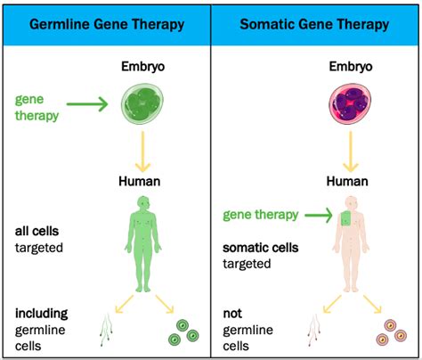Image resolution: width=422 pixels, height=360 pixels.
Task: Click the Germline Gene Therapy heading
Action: click(x=107, y=25)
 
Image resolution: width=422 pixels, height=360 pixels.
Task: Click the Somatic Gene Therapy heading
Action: click(x=314, y=25)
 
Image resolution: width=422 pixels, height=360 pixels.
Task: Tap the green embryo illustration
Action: click(x=142, y=103)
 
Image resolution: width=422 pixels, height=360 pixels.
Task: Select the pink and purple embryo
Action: click(x=350, y=103)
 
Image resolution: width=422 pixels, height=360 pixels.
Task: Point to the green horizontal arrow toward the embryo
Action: click(x=87, y=104)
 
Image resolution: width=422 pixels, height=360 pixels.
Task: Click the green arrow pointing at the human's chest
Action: click(x=319, y=215)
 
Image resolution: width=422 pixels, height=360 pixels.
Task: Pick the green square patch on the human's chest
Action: click(x=345, y=218)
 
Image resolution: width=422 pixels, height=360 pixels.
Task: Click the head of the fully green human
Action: click(x=143, y=203)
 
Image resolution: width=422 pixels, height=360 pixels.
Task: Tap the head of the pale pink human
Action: click(x=352, y=203)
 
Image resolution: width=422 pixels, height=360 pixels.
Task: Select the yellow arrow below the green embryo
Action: click(x=142, y=151)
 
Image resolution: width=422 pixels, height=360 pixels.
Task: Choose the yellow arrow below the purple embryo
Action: click(x=351, y=151)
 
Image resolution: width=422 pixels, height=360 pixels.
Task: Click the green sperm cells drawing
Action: click(x=106, y=331)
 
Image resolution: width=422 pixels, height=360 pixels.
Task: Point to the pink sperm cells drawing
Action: click(x=313, y=331)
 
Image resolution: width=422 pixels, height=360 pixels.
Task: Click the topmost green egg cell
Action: click(x=183, y=325)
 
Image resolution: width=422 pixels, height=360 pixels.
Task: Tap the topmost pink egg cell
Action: click(x=390, y=325)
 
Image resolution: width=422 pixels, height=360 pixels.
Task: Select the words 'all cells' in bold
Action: click(x=37, y=232)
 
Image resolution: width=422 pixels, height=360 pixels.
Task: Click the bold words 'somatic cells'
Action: click(x=261, y=248)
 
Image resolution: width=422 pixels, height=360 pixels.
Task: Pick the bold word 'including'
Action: click(x=42, y=314)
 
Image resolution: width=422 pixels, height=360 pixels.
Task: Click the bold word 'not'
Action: click(x=232, y=314)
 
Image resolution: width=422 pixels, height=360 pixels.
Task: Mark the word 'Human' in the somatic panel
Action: click(x=347, y=181)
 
